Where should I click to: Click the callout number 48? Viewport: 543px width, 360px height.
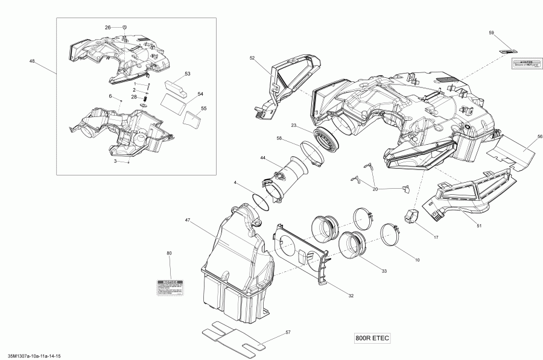(31, 61)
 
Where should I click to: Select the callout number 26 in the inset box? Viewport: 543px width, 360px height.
(108, 28)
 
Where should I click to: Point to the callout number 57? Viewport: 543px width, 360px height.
(288, 332)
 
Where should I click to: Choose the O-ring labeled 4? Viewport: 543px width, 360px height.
(261, 202)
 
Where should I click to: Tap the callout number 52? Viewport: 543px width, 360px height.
(252, 58)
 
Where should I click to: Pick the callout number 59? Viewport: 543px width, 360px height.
(491, 32)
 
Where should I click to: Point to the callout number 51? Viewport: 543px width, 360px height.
(478, 226)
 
